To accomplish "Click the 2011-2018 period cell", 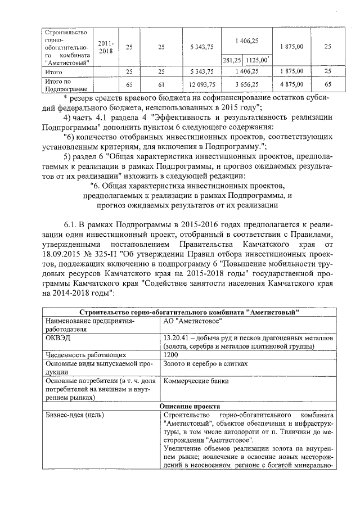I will pos(105,47).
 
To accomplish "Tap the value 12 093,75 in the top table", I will pos(202,84).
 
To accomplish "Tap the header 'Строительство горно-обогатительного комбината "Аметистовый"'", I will pos(190,312).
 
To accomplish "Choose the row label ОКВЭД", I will pos(56,337).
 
